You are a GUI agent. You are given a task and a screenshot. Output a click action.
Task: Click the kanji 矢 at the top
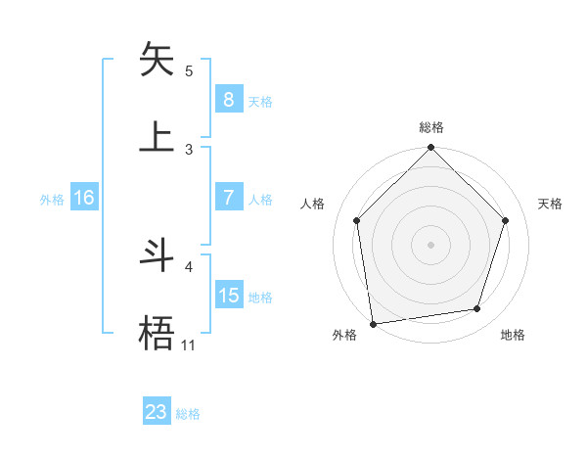(158, 60)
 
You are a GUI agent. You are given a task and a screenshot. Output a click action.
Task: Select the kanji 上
(158, 136)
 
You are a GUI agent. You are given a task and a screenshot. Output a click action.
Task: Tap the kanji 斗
(158, 255)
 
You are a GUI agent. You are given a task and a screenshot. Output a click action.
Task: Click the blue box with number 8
(228, 100)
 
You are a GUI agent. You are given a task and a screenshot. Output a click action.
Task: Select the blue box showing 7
(228, 198)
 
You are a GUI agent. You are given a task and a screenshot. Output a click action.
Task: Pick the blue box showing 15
(229, 296)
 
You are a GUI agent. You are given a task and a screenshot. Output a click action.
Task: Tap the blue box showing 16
(84, 198)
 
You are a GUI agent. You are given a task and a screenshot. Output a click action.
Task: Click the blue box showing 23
(157, 412)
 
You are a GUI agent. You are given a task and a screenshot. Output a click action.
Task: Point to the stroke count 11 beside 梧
(188, 345)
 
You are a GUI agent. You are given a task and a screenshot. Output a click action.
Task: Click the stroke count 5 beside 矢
(189, 70)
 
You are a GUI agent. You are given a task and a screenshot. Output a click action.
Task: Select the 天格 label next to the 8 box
(260, 102)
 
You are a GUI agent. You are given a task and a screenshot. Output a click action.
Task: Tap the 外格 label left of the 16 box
(52, 200)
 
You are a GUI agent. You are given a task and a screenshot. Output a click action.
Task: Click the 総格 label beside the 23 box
(188, 414)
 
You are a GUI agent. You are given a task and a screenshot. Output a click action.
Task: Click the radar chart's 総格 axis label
(431, 127)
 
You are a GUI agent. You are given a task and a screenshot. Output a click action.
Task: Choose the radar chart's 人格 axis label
(312, 204)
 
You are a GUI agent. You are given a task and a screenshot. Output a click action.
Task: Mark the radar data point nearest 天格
(506, 220)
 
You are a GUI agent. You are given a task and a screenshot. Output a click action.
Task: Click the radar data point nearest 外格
(373, 323)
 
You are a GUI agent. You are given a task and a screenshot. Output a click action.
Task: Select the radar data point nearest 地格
(477, 308)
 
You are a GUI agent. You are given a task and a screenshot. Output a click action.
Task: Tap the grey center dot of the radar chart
(431, 244)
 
